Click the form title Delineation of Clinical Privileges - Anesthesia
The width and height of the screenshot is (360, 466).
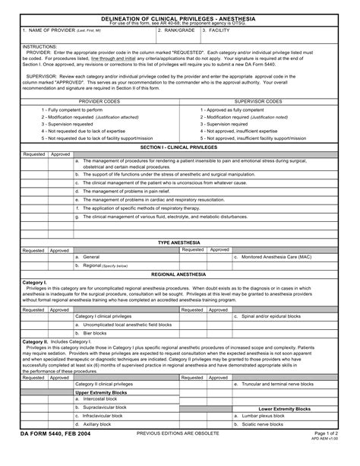179,17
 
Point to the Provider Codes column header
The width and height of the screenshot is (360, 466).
100,100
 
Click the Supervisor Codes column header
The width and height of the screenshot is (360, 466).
259,100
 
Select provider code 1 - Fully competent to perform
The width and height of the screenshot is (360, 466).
72,110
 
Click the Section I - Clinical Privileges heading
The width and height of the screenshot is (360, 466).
179,146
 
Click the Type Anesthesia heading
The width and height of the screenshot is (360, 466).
179,242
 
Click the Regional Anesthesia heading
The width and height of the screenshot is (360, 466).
179,273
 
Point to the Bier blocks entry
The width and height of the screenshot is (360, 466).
95,333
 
